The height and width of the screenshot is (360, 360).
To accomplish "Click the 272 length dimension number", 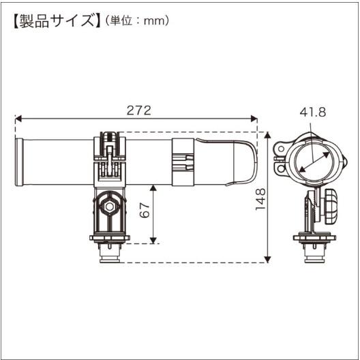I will point(138,110).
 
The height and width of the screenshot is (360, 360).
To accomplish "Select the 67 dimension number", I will point(145,213).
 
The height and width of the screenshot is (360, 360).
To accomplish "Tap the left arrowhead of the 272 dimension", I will point(18,119).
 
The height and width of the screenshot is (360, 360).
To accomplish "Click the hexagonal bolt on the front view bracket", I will point(108,205).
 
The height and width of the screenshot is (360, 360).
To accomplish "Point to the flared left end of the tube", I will point(20,162).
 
